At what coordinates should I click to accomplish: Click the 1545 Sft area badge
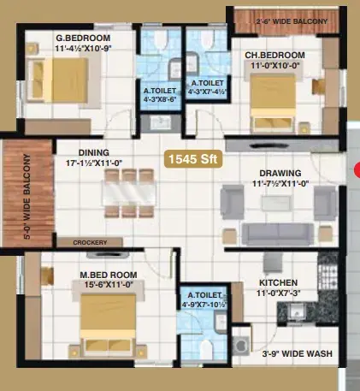click(x=193, y=159)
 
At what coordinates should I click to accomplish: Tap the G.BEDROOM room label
click(x=83, y=38)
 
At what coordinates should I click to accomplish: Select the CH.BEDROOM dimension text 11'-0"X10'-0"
click(x=275, y=66)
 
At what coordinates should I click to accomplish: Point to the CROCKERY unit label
click(x=90, y=243)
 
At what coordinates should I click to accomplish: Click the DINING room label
click(x=94, y=152)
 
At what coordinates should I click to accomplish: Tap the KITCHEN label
click(x=278, y=282)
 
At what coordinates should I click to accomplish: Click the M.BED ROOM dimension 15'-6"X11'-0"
click(x=109, y=285)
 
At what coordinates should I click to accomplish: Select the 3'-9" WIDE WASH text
click(x=297, y=353)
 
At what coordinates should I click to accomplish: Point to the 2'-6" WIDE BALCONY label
click(x=292, y=21)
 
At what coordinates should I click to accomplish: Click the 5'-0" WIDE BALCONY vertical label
click(x=27, y=197)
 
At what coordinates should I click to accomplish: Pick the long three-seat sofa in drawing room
click(x=278, y=234)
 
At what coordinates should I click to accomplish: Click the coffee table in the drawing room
click(x=277, y=203)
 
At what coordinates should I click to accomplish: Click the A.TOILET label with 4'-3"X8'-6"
click(x=160, y=95)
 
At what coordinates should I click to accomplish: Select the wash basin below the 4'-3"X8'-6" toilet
click(x=161, y=123)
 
